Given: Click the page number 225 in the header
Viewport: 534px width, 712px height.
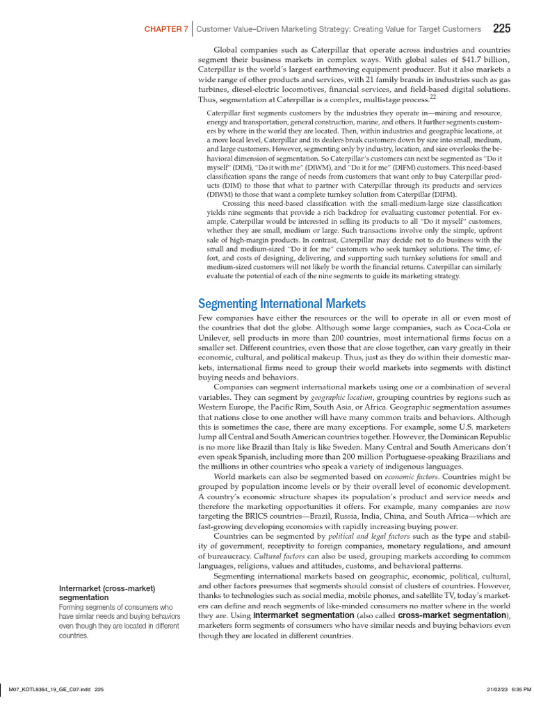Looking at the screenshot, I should click(x=501, y=29).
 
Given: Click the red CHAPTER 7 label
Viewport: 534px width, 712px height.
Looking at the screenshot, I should click(x=165, y=30).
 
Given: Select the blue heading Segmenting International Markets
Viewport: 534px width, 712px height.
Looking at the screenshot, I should click(x=282, y=304).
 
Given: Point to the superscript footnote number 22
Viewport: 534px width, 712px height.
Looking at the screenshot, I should click(x=432, y=97).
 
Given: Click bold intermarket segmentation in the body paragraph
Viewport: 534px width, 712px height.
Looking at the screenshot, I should click(x=304, y=616).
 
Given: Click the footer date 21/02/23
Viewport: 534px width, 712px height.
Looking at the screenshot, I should click(x=499, y=689).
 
